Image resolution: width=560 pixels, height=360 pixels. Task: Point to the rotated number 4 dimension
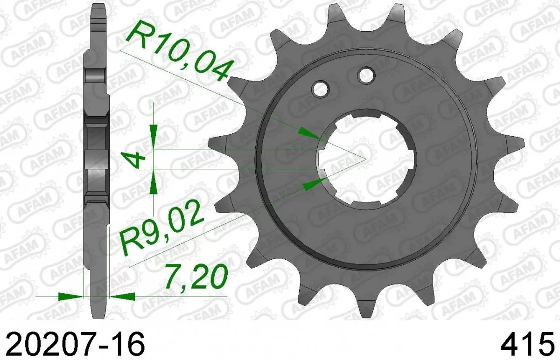pos(135,160)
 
